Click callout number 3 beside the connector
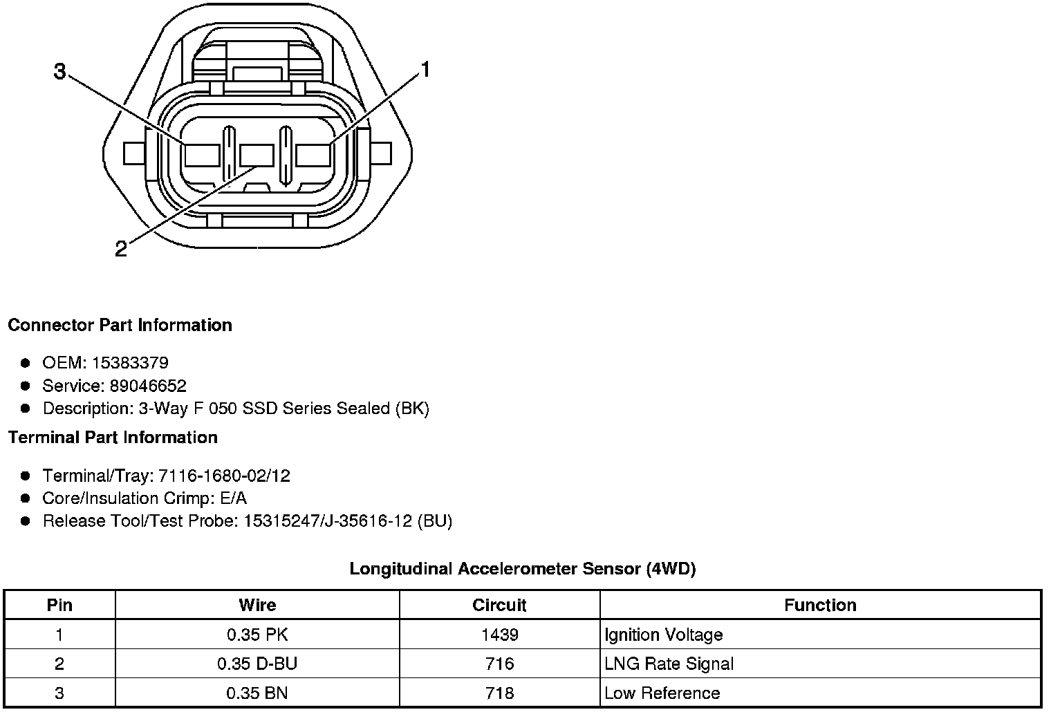[59, 72]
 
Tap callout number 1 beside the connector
[425, 70]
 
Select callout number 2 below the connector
[121, 249]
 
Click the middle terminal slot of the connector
[257, 156]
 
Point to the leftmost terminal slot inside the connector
[202, 156]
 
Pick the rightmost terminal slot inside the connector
[313, 156]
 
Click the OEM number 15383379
[130, 362]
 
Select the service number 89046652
[148, 386]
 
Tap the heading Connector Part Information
[120, 325]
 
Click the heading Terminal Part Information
[113, 437]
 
